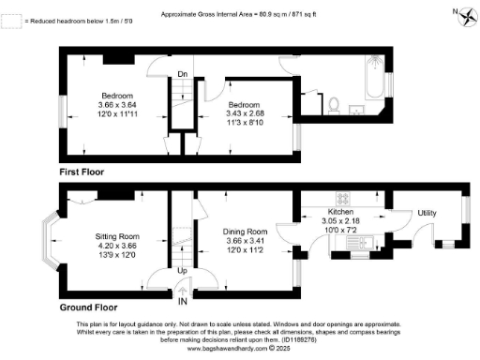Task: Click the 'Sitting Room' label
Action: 118,237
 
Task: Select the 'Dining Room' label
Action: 245,232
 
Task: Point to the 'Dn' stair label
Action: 182,73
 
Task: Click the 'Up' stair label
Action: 182,272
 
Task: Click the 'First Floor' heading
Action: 81,172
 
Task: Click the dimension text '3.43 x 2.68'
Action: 248,112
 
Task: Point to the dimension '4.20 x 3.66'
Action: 118,247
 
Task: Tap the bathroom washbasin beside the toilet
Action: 355,108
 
